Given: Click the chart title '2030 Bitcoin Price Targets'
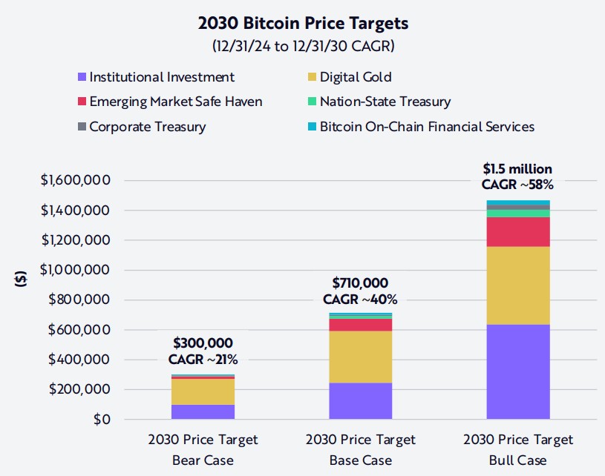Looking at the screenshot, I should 303,23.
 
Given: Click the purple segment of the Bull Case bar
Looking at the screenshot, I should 518,371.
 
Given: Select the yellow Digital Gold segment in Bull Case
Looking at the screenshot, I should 518,285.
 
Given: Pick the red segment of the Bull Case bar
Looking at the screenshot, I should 518,231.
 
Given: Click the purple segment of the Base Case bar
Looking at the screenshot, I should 360,400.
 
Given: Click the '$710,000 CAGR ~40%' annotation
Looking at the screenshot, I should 360,291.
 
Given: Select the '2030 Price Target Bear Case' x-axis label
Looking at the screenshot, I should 203,449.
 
